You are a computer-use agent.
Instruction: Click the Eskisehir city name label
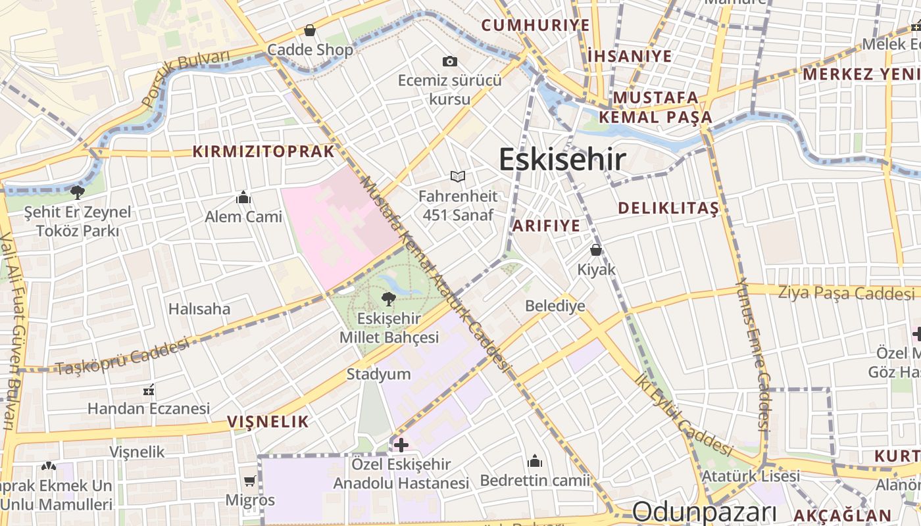pyautogui.click(x=562, y=159)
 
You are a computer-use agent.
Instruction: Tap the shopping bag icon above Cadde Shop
pyautogui.click(x=310, y=30)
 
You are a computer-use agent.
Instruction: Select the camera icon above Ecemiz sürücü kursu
pyautogui.click(x=450, y=61)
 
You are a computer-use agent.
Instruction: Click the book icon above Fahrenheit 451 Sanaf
pyautogui.click(x=458, y=176)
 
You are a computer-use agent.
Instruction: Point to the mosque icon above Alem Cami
pyautogui.click(x=243, y=197)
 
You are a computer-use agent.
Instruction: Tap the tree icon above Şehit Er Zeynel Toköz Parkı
pyautogui.click(x=78, y=193)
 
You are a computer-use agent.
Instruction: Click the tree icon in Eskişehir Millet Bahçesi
pyautogui.click(x=389, y=299)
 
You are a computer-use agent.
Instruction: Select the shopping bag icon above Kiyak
pyautogui.click(x=596, y=250)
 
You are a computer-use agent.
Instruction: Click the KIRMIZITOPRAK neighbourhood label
pyautogui.click(x=264, y=151)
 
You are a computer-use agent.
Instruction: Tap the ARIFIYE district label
pyautogui.click(x=547, y=226)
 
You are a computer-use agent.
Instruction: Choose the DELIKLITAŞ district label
pyautogui.click(x=668, y=208)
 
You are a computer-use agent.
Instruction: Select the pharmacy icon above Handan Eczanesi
pyautogui.click(x=149, y=390)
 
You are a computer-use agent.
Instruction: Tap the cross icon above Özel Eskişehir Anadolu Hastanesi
pyautogui.click(x=401, y=445)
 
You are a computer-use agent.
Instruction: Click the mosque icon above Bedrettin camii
pyautogui.click(x=535, y=461)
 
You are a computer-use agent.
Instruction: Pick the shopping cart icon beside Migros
pyautogui.click(x=250, y=481)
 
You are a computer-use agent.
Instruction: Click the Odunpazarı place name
pyautogui.click(x=705, y=512)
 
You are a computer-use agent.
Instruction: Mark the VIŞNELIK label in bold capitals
pyautogui.click(x=268, y=421)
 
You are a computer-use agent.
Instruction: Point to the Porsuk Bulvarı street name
pyautogui.click(x=186, y=76)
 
